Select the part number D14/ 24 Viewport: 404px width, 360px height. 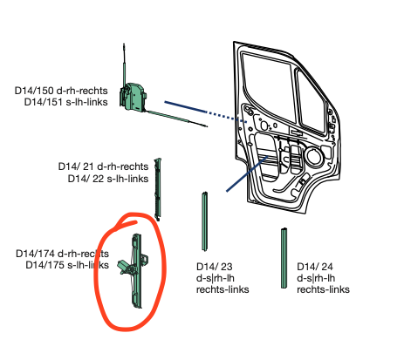click(315, 267)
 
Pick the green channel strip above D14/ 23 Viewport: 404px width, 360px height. click(206, 220)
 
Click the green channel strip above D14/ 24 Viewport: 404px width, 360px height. click(284, 257)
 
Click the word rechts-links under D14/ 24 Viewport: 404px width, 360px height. click(324, 289)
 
